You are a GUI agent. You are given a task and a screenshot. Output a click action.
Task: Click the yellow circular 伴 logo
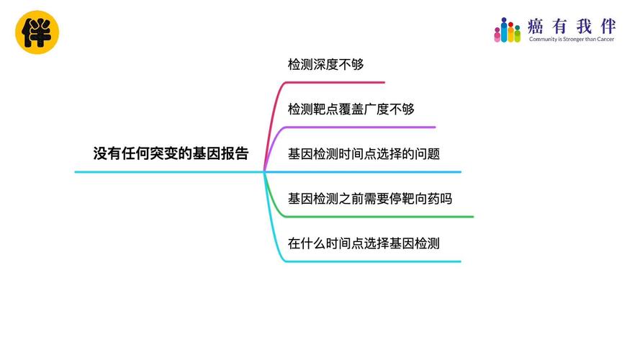(x=37, y=32)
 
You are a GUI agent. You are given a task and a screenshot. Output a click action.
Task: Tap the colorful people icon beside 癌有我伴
(x=508, y=30)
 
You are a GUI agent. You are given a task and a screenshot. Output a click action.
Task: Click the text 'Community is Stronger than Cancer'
(x=572, y=39)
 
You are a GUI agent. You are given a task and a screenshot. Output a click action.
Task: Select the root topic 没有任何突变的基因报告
(x=171, y=153)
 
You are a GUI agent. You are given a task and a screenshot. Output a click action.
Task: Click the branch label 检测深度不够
(x=325, y=64)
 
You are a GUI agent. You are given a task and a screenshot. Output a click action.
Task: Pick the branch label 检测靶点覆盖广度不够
(x=351, y=109)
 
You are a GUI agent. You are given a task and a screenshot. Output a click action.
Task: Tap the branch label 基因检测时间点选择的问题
(x=364, y=154)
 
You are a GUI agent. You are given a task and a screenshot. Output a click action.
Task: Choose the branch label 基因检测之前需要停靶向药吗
(x=370, y=199)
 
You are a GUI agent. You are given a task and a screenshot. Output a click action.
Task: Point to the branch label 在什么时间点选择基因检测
(x=364, y=243)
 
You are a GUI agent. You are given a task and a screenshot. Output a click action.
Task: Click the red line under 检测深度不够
(x=335, y=83)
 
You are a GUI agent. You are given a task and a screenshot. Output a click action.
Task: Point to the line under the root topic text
(x=169, y=172)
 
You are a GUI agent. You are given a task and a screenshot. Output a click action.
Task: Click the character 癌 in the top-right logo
(x=535, y=27)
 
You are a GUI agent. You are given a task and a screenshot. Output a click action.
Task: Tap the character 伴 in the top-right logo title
(x=608, y=27)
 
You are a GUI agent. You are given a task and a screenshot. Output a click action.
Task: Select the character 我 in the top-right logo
(x=584, y=27)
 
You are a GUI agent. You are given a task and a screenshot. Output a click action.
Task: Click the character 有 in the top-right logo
(x=559, y=27)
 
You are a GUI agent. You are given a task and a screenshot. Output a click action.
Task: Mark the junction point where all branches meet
(x=264, y=172)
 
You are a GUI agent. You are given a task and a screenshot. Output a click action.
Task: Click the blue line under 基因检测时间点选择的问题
(x=363, y=172)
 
